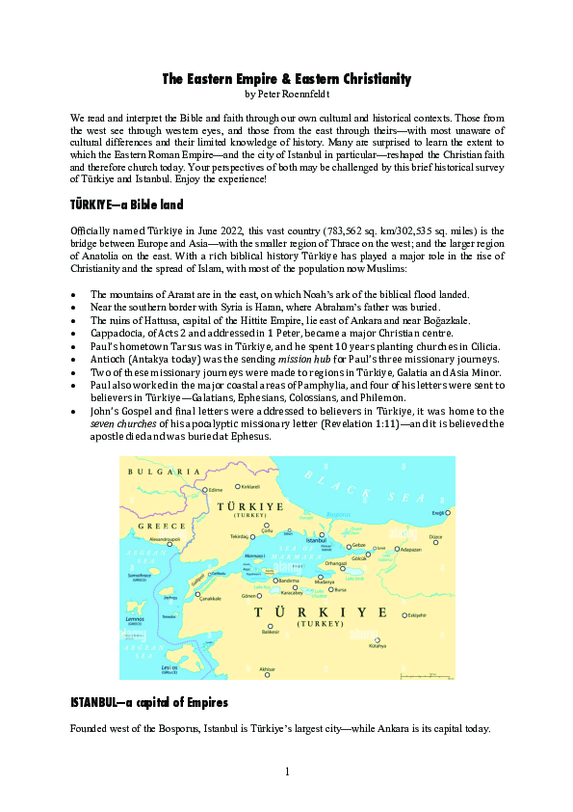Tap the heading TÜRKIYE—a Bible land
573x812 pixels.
[126, 205]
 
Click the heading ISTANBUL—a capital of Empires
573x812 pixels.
[148, 701]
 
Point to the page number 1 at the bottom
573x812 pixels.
[287, 771]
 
